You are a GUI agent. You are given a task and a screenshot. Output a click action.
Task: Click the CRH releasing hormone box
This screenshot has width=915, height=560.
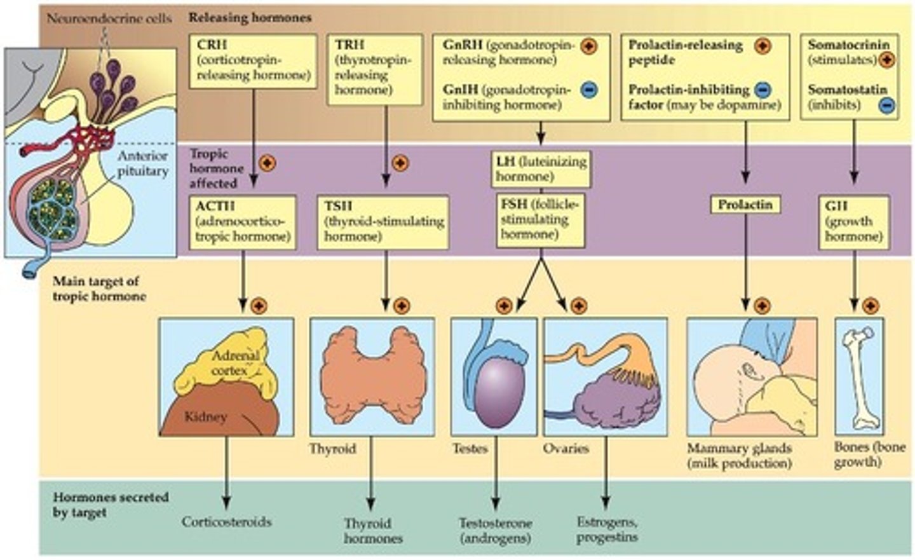(253, 61)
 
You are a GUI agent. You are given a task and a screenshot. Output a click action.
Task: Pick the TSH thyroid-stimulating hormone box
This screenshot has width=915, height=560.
(383, 222)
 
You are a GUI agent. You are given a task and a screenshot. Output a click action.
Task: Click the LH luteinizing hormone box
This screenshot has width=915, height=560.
(541, 168)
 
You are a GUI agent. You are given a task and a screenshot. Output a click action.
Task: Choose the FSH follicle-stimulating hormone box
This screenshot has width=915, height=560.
(541, 220)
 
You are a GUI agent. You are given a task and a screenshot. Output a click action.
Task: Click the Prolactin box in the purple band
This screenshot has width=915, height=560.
(745, 205)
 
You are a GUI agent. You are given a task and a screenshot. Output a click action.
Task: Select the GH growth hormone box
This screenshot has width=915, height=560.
(853, 222)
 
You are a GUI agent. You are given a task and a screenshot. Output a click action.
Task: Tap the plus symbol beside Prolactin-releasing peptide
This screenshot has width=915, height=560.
(762, 46)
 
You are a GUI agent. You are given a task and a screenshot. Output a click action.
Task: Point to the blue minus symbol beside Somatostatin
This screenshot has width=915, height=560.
(887, 105)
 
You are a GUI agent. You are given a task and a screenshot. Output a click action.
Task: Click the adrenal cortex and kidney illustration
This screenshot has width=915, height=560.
(226, 377)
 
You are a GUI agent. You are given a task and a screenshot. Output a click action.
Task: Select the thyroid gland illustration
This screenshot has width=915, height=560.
(372, 377)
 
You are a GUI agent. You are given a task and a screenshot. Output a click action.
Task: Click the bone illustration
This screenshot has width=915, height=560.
(859, 377)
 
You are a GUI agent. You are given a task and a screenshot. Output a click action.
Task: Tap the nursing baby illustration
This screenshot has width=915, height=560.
(752, 377)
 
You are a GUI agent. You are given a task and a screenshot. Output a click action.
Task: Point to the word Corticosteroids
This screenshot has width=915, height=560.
(227, 522)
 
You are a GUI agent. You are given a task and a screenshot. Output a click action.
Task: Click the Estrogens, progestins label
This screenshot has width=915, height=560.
(607, 529)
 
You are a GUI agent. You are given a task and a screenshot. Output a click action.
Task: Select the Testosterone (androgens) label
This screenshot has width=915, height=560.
(496, 530)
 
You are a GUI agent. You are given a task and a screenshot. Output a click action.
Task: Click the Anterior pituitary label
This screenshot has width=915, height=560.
(143, 163)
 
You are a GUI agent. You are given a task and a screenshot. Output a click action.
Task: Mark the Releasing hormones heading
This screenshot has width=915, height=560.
(250, 18)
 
